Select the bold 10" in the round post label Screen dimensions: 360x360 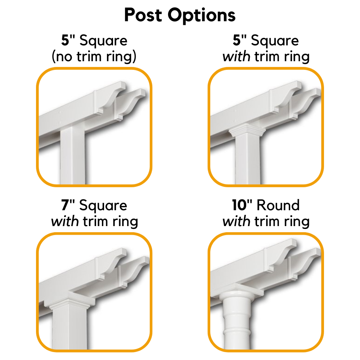(242, 206)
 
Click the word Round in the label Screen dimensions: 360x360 (278, 206)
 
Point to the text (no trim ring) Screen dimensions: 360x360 (94, 57)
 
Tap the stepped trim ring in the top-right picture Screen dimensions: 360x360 (247, 130)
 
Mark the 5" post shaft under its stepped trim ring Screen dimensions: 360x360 (247, 158)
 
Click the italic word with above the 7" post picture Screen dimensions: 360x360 (65, 221)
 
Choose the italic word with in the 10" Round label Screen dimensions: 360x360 (236, 221)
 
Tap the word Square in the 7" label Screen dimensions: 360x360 (103, 206)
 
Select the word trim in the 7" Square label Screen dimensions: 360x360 (95, 221)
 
